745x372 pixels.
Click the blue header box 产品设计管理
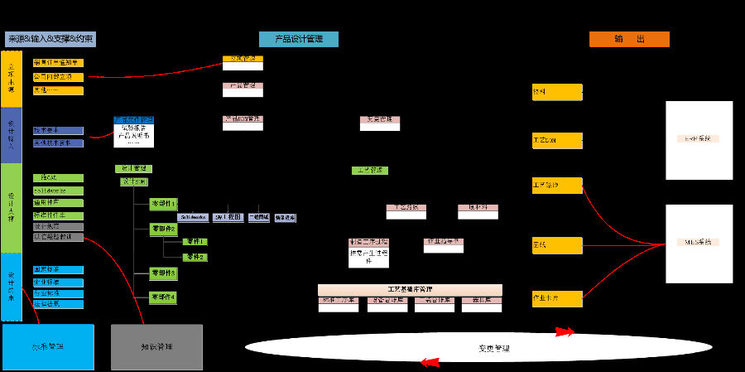(298, 39)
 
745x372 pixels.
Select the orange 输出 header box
(629, 39)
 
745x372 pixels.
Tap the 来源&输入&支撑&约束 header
(50, 39)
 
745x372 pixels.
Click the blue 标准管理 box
(48, 346)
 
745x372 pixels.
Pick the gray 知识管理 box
(156, 346)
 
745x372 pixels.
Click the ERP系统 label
(699, 138)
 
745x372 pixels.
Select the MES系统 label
(699, 242)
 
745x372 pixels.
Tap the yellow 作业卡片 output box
(556, 296)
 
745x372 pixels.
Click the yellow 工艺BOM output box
(556, 140)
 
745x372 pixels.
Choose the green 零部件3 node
(163, 273)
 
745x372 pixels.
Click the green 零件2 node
(195, 258)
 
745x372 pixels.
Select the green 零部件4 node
(163, 297)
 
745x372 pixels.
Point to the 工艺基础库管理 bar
(410, 289)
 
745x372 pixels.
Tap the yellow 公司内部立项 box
(58, 76)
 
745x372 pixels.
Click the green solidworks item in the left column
(58, 191)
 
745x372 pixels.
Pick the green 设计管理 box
(133, 168)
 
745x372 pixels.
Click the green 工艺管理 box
(369, 171)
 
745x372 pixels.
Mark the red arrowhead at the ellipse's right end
(566, 333)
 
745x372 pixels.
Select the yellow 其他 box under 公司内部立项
(58, 89)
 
